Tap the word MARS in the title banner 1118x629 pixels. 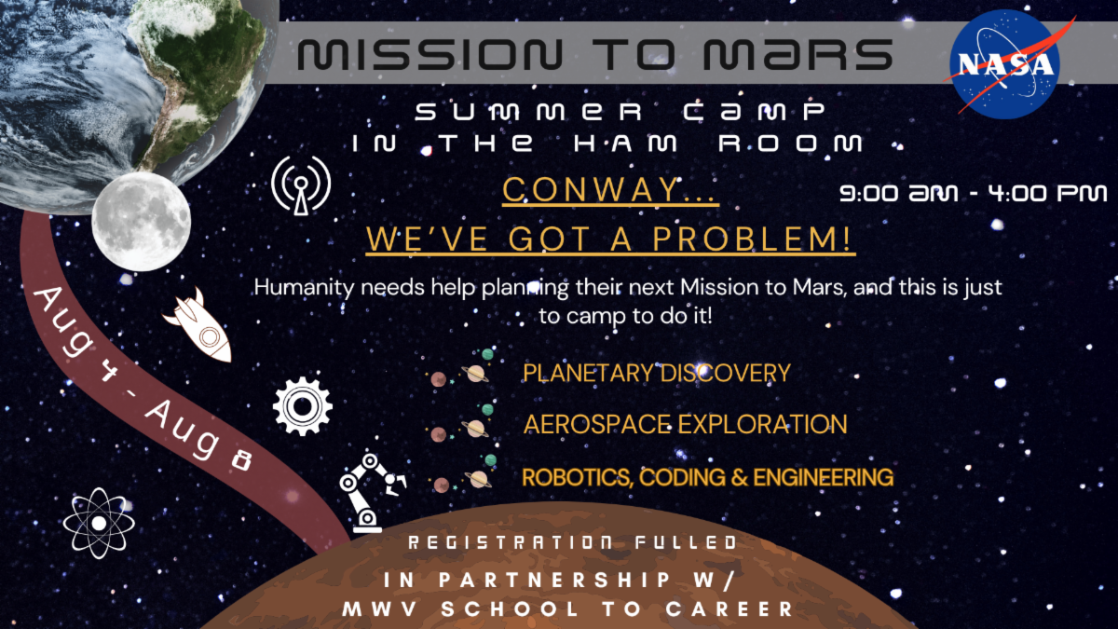(x=798, y=54)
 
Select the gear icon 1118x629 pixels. (x=303, y=406)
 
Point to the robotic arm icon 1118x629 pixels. (x=372, y=493)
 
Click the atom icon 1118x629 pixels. (x=99, y=523)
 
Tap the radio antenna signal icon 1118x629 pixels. (x=301, y=185)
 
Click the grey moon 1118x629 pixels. (x=142, y=222)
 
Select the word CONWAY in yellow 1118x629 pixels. (x=592, y=190)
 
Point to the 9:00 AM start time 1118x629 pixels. (x=898, y=194)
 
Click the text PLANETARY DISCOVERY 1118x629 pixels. (x=657, y=373)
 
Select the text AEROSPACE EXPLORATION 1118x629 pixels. (x=686, y=424)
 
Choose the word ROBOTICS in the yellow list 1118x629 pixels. (x=579, y=477)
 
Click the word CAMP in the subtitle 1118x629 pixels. (x=754, y=111)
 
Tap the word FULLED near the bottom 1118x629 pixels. (x=686, y=542)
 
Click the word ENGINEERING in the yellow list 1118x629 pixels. (x=823, y=477)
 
